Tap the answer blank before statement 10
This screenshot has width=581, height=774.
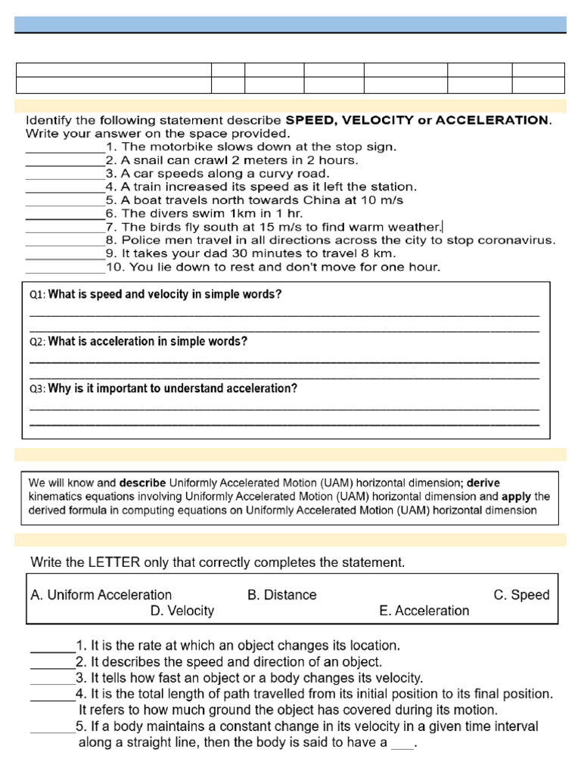click(65, 268)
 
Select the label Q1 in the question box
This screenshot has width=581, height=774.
click(37, 295)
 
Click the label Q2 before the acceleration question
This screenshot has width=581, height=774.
click(37, 342)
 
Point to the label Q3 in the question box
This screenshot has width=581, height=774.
click(37, 389)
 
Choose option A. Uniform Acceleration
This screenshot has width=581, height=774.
click(101, 595)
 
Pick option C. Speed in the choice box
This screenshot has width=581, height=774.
click(521, 595)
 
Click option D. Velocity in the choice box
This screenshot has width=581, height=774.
click(182, 611)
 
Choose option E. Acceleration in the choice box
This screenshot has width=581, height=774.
click(424, 611)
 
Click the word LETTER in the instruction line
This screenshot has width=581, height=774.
click(113, 562)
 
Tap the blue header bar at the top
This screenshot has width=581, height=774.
click(290, 24)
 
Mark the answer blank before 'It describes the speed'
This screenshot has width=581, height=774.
click(52, 662)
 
